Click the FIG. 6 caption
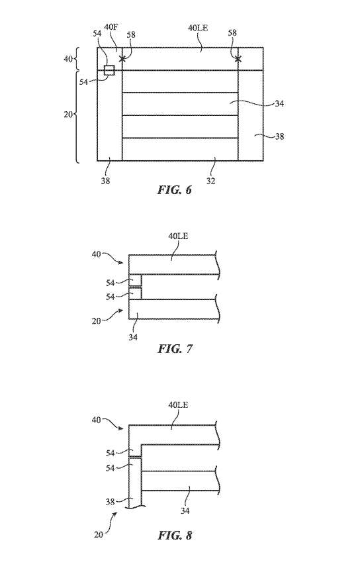click(x=175, y=189)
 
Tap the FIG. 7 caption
click(x=175, y=348)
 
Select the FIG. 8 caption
click(x=175, y=535)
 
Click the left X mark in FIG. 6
click(x=122, y=58)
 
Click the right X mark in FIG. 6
click(x=238, y=58)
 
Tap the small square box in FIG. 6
click(x=109, y=70)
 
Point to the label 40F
click(x=111, y=27)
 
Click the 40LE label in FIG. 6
click(x=198, y=28)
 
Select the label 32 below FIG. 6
click(x=210, y=181)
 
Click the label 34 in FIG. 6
click(x=279, y=103)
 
